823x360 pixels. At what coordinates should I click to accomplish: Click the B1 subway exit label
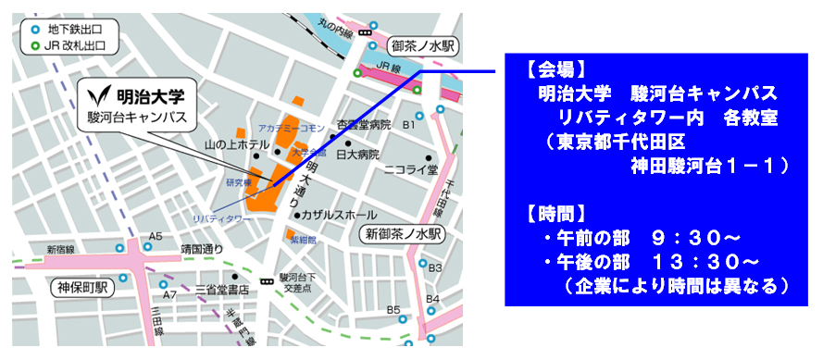pos(409,123)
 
